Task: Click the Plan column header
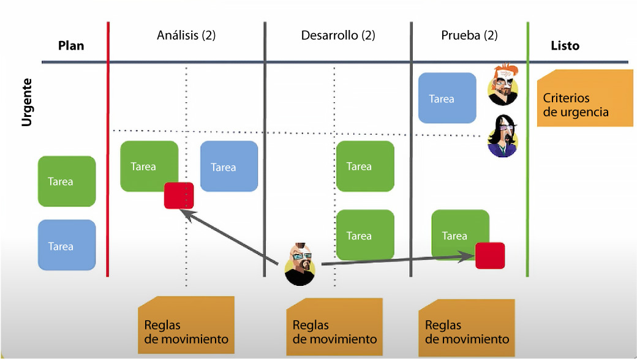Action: click(70, 46)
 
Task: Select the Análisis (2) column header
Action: click(186, 36)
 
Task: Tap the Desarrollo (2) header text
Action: click(337, 36)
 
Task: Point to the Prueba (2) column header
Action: click(469, 36)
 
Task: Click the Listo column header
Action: click(565, 46)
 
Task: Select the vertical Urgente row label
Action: click(26, 102)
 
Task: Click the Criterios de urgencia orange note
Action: click(584, 98)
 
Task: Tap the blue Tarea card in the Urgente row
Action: click(447, 98)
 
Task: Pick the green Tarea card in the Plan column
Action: click(67, 181)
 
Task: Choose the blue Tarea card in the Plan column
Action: click(67, 245)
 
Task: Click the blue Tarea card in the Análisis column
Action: click(229, 167)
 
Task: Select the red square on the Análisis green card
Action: click(179, 196)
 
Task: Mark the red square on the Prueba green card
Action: click(490, 255)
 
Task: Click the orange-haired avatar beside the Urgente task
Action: click(503, 85)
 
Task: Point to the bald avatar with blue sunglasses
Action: click(300, 264)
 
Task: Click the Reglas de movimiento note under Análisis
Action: click(186, 324)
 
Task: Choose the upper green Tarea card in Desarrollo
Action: click(365, 167)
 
